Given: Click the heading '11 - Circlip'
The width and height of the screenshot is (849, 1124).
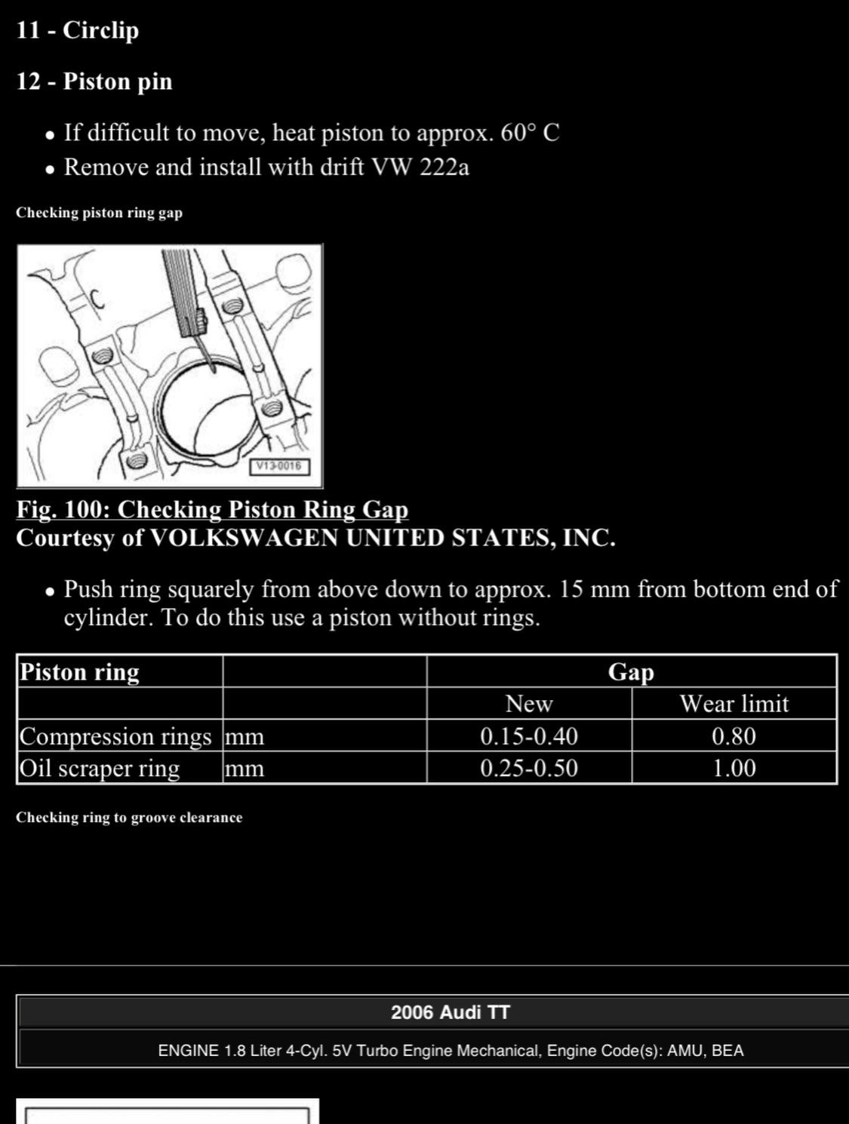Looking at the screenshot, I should tap(78, 30).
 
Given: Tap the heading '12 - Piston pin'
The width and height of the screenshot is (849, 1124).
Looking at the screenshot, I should tap(94, 81).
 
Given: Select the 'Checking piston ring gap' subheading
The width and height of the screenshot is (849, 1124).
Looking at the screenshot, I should tap(99, 213).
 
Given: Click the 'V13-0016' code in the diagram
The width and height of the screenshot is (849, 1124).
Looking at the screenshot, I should tap(278, 466).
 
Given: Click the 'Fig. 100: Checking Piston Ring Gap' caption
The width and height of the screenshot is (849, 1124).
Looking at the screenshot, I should tap(212, 509).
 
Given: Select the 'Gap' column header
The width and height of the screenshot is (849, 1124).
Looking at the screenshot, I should tap(631, 671).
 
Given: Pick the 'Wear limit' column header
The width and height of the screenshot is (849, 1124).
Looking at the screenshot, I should tap(734, 704).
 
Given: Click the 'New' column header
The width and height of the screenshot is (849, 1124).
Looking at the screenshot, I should tap(528, 704).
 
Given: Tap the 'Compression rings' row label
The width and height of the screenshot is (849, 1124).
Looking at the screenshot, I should tap(115, 736).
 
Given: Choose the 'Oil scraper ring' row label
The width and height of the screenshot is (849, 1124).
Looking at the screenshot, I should tap(100, 768).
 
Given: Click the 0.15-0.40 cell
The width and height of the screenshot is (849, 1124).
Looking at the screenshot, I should tap(528, 736).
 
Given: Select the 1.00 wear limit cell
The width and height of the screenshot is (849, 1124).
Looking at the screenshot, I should tap(734, 768).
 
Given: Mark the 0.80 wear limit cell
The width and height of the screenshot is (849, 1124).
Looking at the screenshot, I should tap(734, 736).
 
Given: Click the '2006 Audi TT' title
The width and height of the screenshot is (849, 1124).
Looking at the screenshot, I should tap(451, 1012).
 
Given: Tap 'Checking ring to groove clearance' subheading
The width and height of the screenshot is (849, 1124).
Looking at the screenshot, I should tap(129, 818).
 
